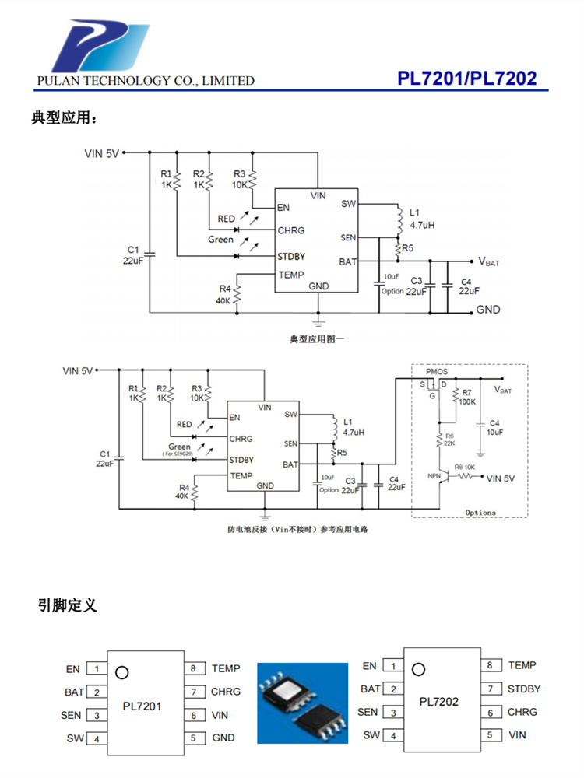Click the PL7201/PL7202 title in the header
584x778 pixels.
pyautogui.click(x=466, y=79)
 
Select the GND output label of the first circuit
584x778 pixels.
pyautogui.click(x=488, y=310)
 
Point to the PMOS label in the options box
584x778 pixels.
pyautogui.click(x=437, y=373)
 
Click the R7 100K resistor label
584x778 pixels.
pyautogui.click(x=467, y=398)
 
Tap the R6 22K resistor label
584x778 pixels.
pyautogui.click(x=449, y=440)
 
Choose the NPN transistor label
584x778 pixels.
pyautogui.click(x=434, y=475)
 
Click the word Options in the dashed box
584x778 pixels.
pyautogui.click(x=480, y=513)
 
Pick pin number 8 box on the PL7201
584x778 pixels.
pyautogui.click(x=192, y=668)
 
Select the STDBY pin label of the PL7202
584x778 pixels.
pyautogui.click(x=524, y=689)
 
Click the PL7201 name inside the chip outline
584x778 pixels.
pyautogui.click(x=142, y=706)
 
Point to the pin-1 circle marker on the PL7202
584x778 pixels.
pyautogui.click(x=420, y=668)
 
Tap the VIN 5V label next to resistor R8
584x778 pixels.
pyautogui.click(x=505, y=478)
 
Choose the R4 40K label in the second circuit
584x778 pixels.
pyautogui.click(x=181, y=492)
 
